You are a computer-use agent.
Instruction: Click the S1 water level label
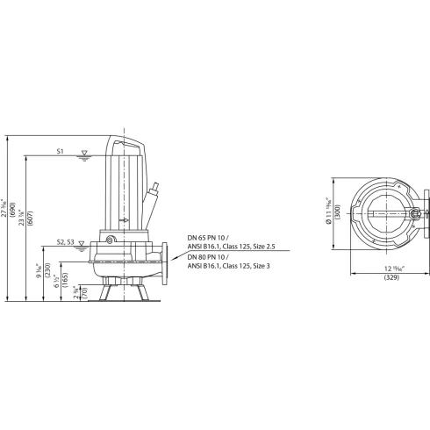(60, 152)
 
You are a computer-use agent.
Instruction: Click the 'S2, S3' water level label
(63, 241)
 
